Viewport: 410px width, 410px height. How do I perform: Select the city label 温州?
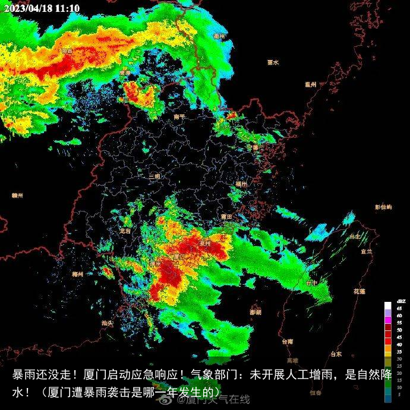point(310,84)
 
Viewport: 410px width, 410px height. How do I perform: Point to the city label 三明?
point(154,176)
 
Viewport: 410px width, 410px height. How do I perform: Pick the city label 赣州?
point(17,194)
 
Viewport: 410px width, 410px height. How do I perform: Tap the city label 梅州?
point(77,274)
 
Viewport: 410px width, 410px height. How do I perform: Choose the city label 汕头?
point(107,323)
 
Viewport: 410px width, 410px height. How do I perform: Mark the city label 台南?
point(288,342)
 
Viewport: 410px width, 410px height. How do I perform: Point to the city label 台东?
point(336,354)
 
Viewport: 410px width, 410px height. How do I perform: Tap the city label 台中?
point(311,283)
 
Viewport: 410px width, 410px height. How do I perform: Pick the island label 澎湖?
point(256,312)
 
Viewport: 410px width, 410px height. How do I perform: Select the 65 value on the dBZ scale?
point(400,308)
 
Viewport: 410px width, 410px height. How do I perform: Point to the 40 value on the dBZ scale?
point(400,344)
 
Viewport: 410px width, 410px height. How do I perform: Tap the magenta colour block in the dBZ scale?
point(388,321)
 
